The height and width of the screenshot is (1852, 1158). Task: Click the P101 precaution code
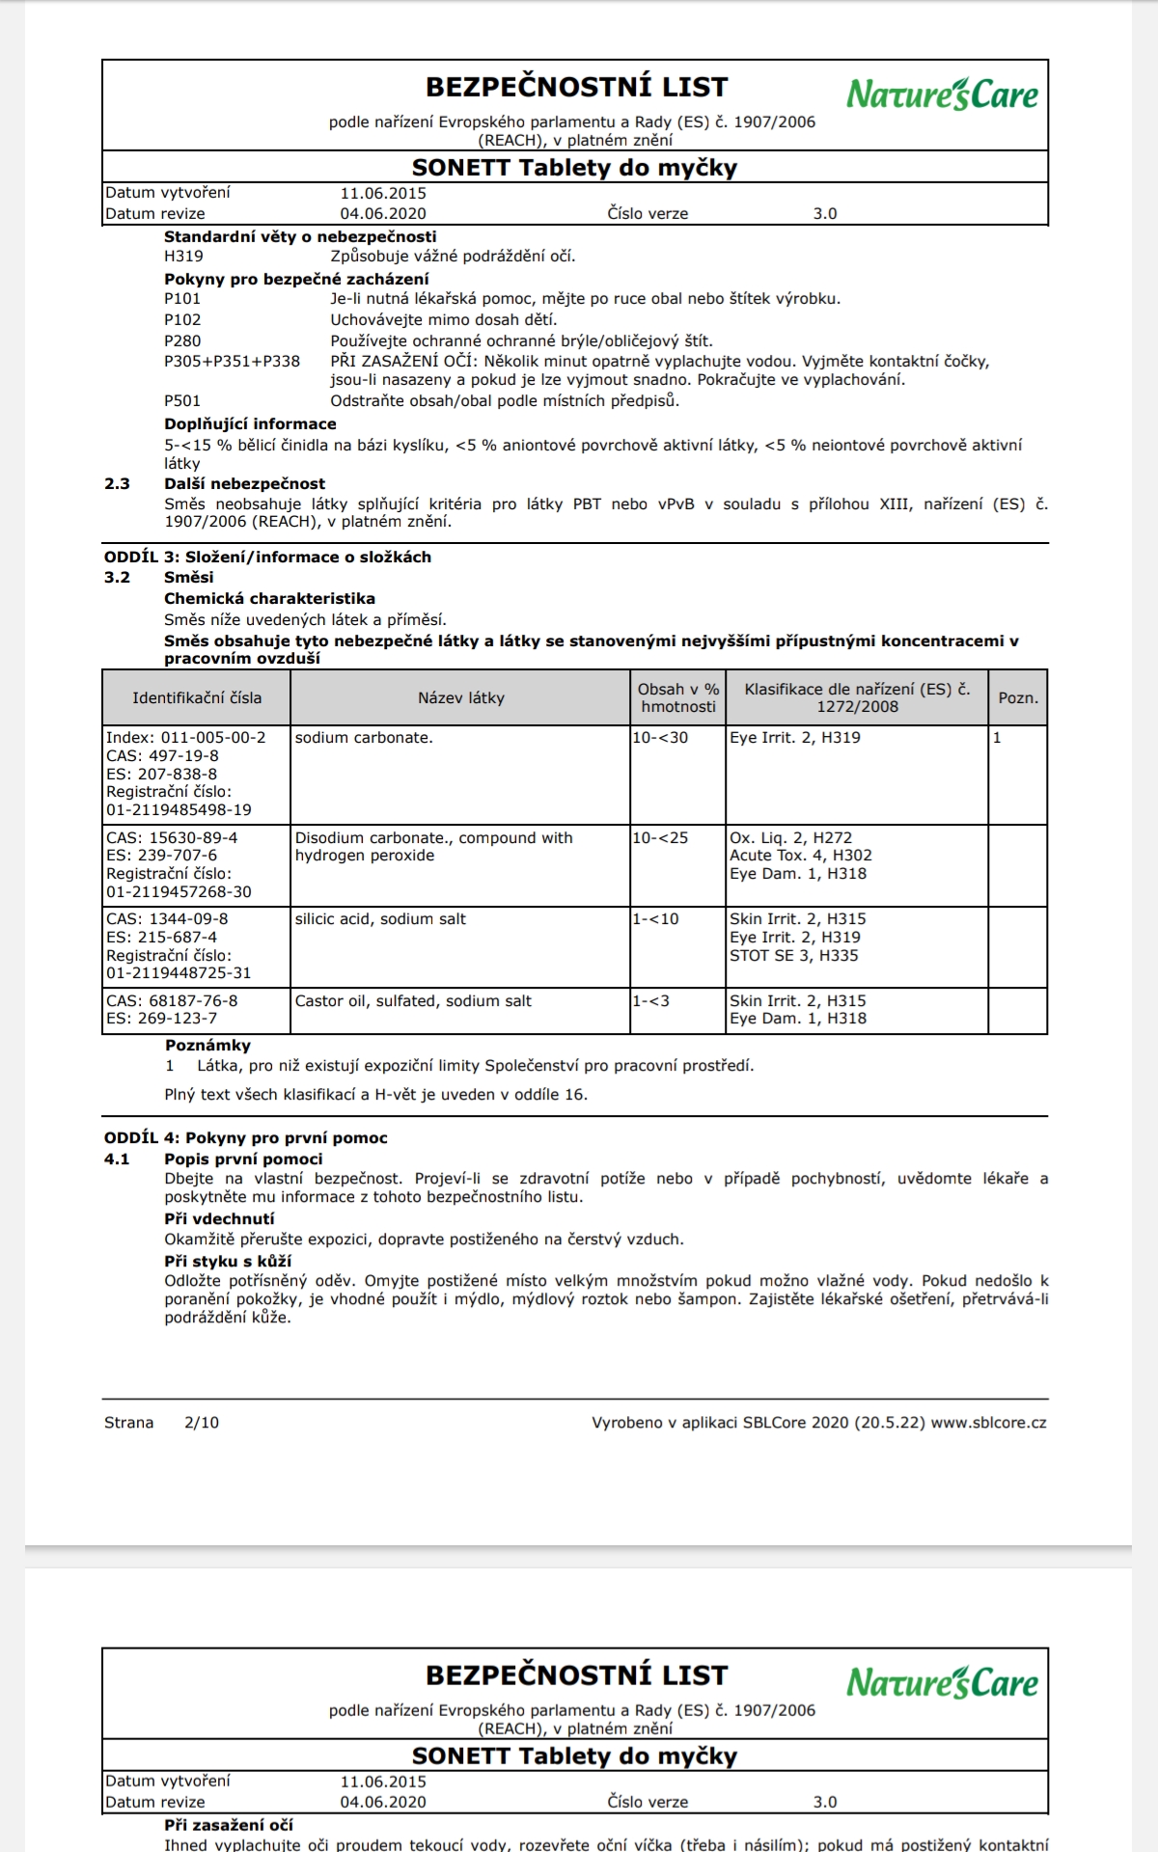(x=182, y=299)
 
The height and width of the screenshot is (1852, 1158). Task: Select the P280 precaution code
(x=182, y=340)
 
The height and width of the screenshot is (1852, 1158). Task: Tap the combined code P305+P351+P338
(x=232, y=362)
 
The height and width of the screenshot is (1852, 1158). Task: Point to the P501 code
(x=182, y=401)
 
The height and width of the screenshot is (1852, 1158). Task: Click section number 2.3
(x=117, y=484)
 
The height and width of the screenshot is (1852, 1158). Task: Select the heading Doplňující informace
(x=250, y=424)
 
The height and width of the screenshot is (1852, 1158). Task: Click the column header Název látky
(x=460, y=698)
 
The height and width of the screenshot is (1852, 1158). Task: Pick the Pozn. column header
(x=1018, y=698)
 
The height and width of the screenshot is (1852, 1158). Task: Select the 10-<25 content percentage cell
(x=660, y=838)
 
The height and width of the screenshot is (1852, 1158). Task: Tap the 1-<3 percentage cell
(x=650, y=1001)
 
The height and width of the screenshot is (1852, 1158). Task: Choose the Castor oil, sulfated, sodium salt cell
(x=413, y=1001)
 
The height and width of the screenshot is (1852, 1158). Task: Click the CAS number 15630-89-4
(x=172, y=838)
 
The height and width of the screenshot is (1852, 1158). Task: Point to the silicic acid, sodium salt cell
(x=380, y=919)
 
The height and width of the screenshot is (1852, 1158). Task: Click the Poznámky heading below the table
(x=207, y=1046)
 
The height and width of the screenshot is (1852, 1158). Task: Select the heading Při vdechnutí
(x=219, y=1219)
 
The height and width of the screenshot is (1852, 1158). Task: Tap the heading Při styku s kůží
(x=228, y=1262)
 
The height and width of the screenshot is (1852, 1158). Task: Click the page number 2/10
(x=202, y=1423)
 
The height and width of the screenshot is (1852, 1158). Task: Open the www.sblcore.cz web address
(x=988, y=1423)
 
